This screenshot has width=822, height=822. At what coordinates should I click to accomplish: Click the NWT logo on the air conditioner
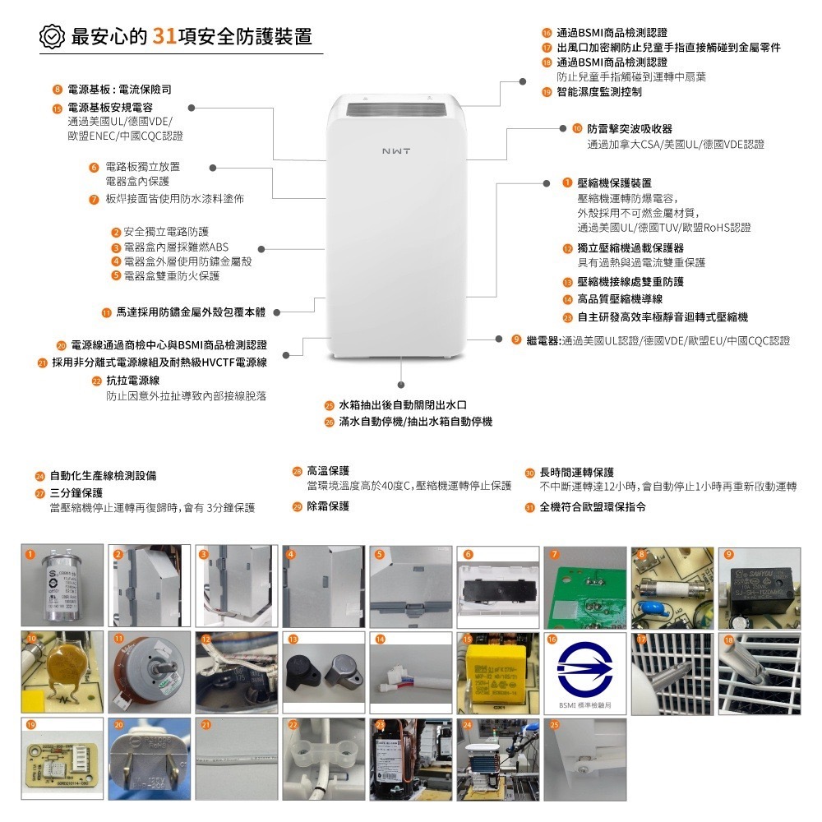396,152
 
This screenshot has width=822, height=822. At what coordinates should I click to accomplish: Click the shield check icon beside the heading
52,37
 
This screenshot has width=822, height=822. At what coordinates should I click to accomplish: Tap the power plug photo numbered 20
149,760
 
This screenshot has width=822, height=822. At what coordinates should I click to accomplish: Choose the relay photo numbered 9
760,587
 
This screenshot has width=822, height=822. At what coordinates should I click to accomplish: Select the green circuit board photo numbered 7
584,587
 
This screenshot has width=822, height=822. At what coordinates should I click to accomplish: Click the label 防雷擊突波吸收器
630,129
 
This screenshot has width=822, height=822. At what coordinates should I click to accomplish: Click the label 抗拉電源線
132,381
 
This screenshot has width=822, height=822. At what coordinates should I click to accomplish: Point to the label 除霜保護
328,506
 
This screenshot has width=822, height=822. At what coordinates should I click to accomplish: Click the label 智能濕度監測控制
599,92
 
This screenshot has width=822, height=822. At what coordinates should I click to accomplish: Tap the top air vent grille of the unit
395,109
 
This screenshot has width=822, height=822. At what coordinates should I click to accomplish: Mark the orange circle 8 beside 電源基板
57,89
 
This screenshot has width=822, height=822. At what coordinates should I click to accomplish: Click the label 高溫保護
328,471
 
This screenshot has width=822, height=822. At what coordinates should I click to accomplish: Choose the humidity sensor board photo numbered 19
62,760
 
